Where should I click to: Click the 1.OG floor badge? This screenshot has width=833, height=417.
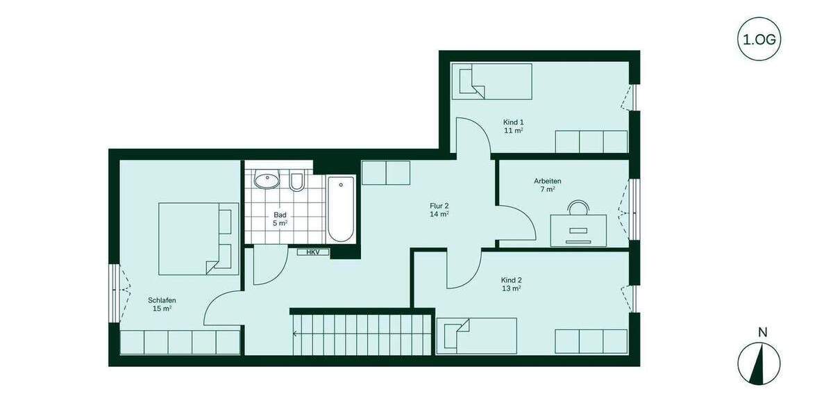(x=759, y=40)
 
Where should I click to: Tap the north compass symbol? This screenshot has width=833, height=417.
(x=759, y=363)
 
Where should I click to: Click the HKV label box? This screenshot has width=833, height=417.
(x=313, y=252)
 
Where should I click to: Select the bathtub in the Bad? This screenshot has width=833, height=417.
(x=340, y=209)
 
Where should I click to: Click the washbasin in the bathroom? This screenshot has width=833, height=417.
(x=266, y=181)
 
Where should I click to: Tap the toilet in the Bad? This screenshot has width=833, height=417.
(x=296, y=181)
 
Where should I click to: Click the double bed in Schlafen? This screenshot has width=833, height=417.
(x=199, y=238)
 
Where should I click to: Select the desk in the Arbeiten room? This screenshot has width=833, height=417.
(x=578, y=229)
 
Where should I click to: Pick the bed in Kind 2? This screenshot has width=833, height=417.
(x=477, y=336)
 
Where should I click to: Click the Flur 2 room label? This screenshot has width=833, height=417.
(x=439, y=206)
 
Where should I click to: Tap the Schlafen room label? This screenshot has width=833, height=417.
(x=162, y=300)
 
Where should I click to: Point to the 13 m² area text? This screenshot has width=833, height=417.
(x=512, y=288)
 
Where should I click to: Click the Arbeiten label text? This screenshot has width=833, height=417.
(x=548, y=181)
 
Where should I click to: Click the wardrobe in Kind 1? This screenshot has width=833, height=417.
(x=591, y=141)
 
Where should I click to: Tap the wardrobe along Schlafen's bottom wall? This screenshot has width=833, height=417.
(x=180, y=343)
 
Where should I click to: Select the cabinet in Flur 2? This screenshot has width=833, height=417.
(x=386, y=172)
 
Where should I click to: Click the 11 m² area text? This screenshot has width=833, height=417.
(x=514, y=130)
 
